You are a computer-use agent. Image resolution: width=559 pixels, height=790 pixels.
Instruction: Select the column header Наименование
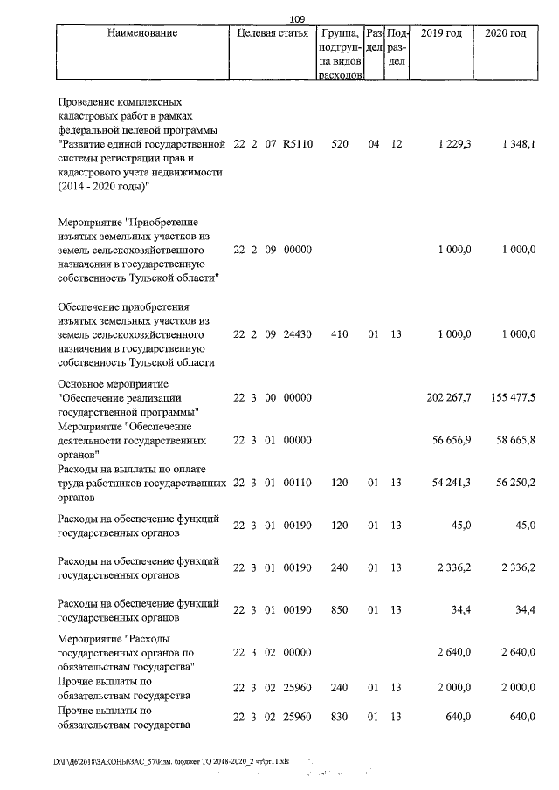point(142,33)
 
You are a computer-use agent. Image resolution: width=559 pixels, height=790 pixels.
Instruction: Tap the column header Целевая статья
point(273,33)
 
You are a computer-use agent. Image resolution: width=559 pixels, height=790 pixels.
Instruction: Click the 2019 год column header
point(442,33)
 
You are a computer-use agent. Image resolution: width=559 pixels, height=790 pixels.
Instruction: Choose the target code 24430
point(297,333)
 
